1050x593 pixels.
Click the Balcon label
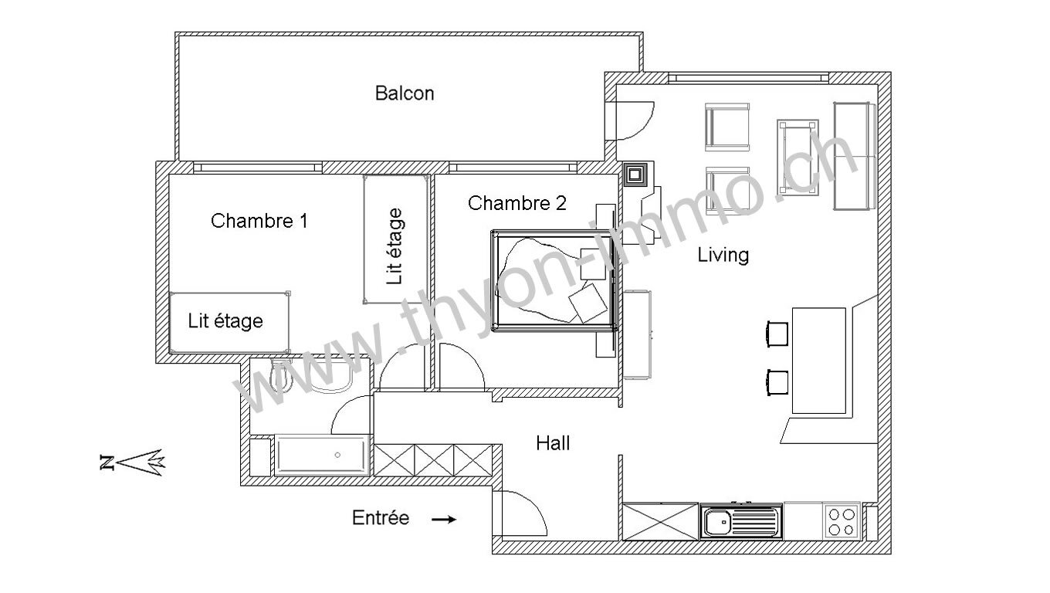[405, 93]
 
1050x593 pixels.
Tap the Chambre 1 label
[259, 221]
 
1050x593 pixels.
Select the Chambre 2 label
[517, 203]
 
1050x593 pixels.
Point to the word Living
[723, 256]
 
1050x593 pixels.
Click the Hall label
[553, 443]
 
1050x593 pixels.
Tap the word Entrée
[381, 517]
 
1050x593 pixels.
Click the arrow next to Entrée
[443, 520]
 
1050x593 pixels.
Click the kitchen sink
[740, 522]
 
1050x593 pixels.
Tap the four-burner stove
[842, 522]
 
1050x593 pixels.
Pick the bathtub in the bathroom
[323, 455]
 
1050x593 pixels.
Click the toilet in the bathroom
[281, 375]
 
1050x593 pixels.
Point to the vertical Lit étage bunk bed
[396, 239]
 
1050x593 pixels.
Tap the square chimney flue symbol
[635, 175]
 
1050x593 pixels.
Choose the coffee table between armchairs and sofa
[798, 157]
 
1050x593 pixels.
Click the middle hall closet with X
[434, 460]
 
